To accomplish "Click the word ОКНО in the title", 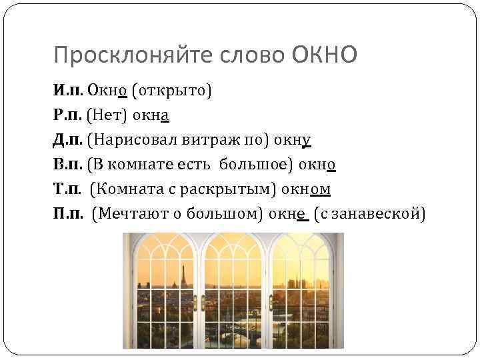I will point(325,55).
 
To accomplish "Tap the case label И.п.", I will point(69,90).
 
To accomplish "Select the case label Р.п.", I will point(69,115).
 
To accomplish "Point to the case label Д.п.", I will point(69,141).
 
